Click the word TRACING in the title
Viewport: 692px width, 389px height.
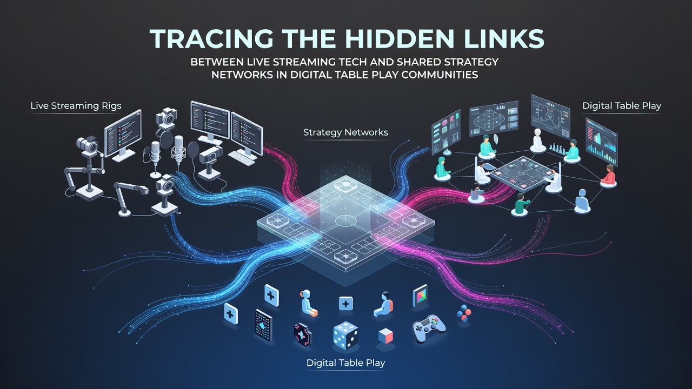point(211,39)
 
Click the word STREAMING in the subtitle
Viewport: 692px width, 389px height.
point(304,62)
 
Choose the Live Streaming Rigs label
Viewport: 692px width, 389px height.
point(76,106)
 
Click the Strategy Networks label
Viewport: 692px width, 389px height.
point(345,132)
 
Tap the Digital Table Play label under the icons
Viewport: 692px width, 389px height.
point(345,363)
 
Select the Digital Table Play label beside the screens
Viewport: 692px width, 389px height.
point(622,106)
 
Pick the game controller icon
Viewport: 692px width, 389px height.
point(429,328)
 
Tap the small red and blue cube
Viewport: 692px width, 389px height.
point(386,336)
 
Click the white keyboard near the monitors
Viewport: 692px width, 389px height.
point(243,157)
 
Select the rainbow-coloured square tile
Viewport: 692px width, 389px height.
point(420,296)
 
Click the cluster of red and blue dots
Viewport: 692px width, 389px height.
point(464,313)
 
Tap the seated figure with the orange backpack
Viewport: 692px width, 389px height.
point(383,305)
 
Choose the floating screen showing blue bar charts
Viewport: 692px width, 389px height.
point(601,142)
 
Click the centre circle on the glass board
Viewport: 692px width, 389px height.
point(346,220)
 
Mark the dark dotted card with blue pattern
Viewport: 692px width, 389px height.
point(264,325)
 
